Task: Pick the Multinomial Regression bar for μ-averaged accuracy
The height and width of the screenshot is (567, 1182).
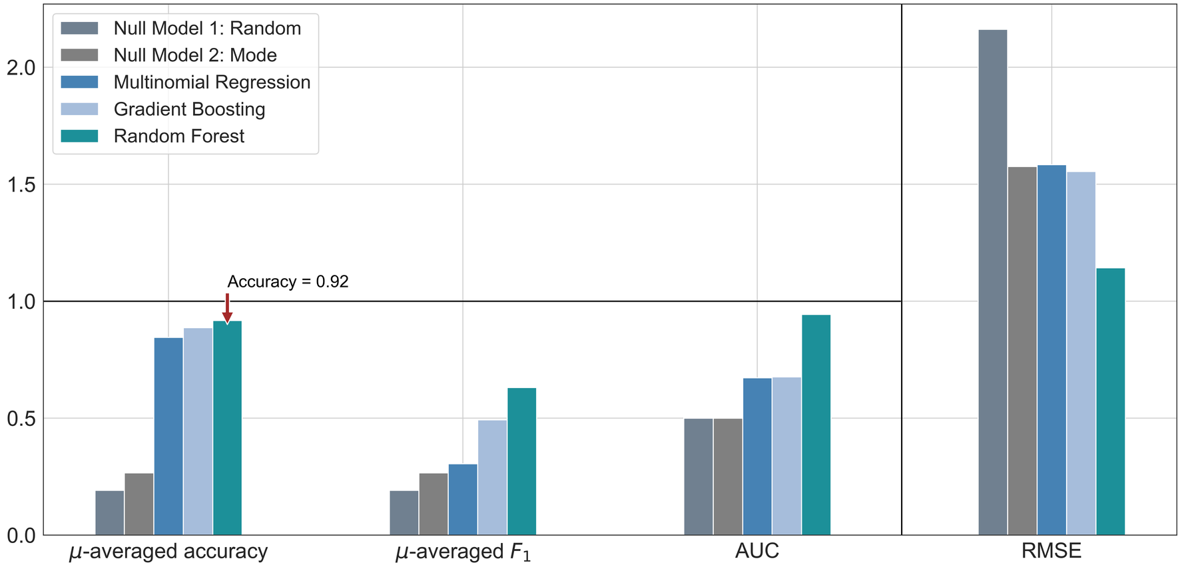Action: [168, 436]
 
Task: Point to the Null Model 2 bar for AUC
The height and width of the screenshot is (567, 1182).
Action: [727, 476]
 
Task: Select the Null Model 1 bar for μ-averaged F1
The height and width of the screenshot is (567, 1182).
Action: [404, 512]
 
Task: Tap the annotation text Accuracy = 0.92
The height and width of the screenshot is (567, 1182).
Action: [288, 282]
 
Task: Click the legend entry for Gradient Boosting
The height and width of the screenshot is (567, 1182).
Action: [189, 109]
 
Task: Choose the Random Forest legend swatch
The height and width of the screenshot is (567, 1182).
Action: [79, 136]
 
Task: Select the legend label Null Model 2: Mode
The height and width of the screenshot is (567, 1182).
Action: [195, 55]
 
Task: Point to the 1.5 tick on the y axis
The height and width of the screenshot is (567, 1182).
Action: [21, 184]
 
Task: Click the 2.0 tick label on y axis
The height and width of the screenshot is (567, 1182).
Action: [21, 68]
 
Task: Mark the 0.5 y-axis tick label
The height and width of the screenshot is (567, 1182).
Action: [21, 419]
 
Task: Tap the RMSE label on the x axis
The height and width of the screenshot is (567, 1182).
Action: [1051, 551]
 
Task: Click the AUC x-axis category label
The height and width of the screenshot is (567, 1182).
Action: [756, 551]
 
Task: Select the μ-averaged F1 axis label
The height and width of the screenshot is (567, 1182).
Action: [463, 552]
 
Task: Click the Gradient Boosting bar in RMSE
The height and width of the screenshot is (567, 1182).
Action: [1081, 353]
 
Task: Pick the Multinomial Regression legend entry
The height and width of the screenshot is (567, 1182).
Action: [212, 83]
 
